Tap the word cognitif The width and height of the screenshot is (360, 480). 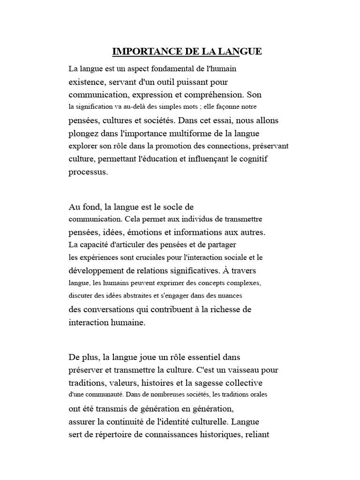tap(253, 158)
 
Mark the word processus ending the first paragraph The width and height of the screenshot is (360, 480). tap(88, 172)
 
